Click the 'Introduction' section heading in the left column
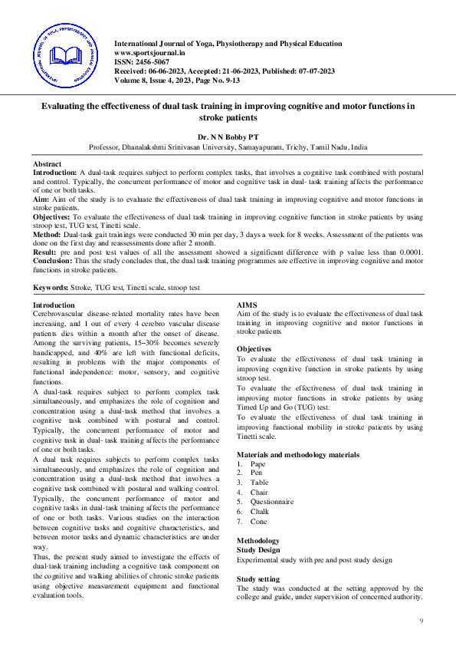pos(54,305)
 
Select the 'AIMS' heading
pos(248,305)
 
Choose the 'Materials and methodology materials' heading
pos(297,455)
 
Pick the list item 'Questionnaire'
pos(271,502)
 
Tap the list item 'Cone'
pos(258,521)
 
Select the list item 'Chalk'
pos(259,511)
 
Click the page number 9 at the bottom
pos(421,621)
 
